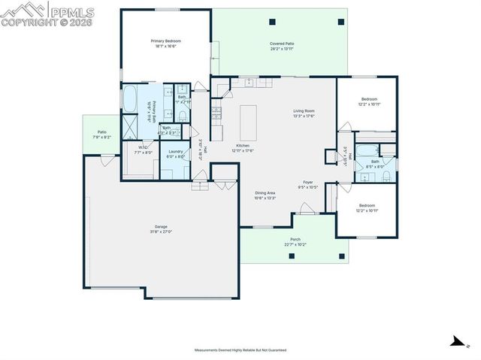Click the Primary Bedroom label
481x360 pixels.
pyautogui.click(x=166, y=41)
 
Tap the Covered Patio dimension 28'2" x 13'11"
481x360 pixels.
pyautogui.click(x=282, y=50)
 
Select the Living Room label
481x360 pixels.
pyautogui.click(x=304, y=111)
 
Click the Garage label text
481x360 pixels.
pyautogui.click(x=161, y=226)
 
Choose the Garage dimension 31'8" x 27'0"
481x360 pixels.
pyautogui.click(x=161, y=232)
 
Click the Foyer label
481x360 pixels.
pyautogui.click(x=307, y=182)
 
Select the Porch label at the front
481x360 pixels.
pyautogui.click(x=295, y=239)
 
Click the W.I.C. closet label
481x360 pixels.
pyautogui.click(x=143, y=147)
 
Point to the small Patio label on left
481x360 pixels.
pyautogui.click(x=101, y=132)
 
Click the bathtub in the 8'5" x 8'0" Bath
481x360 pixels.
pyautogui.click(x=371, y=149)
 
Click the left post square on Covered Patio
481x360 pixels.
pyautogui.click(x=271, y=21)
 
